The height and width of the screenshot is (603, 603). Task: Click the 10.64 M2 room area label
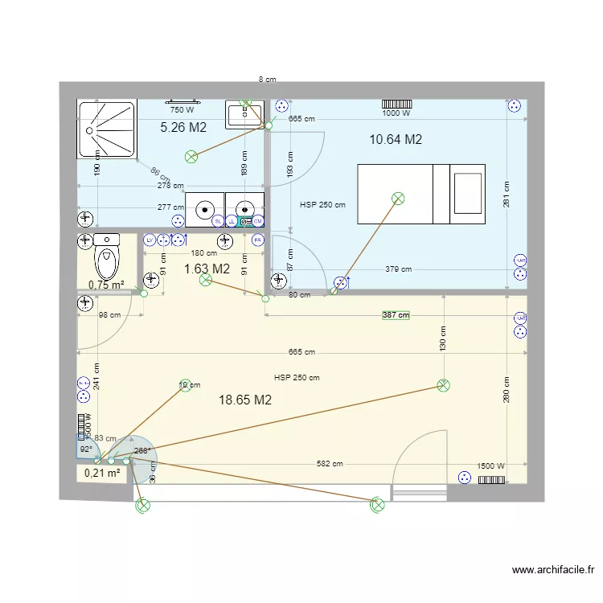(396, 139)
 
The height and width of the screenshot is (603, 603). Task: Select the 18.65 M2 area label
(245, 400)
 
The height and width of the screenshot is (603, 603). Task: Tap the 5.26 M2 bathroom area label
(183, 127)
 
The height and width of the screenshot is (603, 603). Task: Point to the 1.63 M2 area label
(207, 269)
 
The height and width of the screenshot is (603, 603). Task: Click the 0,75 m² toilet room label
(106, 284)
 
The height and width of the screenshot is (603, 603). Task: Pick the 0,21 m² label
(102, 474)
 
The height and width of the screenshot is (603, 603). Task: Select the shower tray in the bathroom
(107, 129)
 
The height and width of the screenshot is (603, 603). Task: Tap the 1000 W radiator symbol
(396, 104)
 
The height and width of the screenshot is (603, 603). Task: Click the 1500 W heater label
(490, 466)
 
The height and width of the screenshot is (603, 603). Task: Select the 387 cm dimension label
(396, 315)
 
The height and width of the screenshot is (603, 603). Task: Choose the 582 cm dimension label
(330, 464)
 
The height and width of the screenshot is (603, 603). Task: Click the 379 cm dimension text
(398, 269)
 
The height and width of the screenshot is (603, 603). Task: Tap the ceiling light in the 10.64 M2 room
(397, 198)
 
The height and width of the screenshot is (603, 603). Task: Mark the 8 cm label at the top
(267, 80)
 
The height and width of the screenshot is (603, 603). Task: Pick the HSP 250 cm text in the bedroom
(322, 205)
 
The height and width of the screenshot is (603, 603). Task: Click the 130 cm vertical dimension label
(442, 337)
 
